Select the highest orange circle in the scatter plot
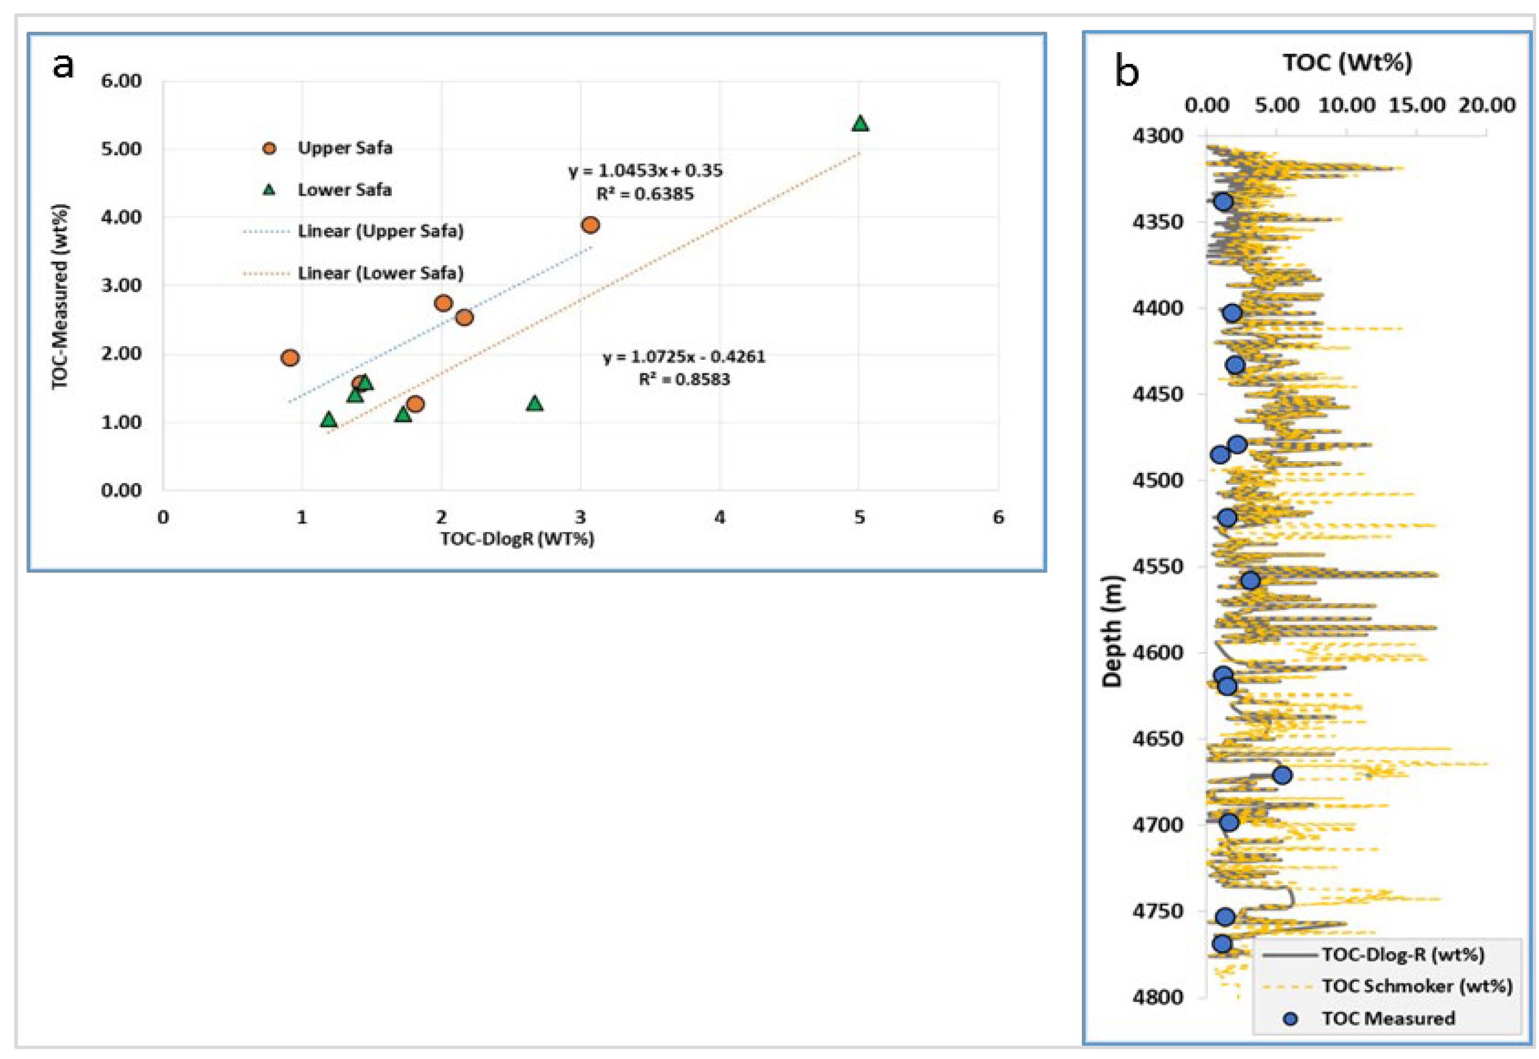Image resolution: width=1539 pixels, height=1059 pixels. click(x=590, y=225)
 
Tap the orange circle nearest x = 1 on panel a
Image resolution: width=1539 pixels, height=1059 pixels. click(x=290, y=357)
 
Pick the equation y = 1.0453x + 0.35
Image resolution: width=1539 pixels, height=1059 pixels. click(x=646, y=170)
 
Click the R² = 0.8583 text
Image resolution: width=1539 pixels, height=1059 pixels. click(x=684, y=380)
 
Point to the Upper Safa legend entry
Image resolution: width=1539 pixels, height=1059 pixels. click(x=344, y=147)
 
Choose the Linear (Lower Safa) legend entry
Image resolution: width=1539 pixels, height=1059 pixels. click(x=380, y=273)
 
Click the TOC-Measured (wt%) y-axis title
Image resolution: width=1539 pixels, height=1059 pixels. click(x=61, y=297)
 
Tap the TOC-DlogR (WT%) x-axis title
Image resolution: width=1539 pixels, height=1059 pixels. click(x=517, y=538)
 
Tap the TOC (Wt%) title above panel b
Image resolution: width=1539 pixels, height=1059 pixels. click(x=1347, y=62)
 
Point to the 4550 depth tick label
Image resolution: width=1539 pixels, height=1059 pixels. click(x=1158, y=566)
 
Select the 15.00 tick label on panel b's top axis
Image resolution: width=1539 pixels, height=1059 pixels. click(x=1416, y=105)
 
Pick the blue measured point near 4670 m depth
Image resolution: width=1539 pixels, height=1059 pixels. click(x=1282, y=775)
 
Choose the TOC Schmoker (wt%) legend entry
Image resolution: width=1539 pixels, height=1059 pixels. click(x=1416, y=986)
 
